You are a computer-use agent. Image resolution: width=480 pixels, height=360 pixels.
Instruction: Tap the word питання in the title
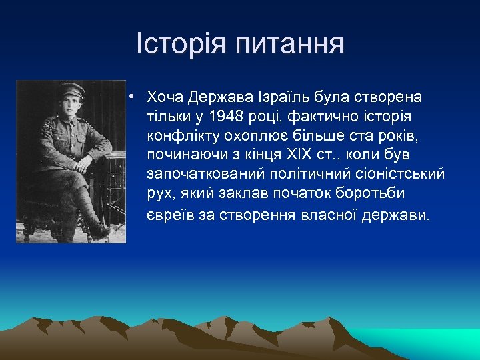click(x=289, y=45)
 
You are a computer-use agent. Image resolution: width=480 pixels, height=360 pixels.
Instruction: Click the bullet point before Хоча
click(x=134, y=97)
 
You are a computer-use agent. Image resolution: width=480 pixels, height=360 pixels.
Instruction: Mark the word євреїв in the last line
click(x=169, y=216)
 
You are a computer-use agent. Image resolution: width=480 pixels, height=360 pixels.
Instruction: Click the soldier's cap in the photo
click(x=71, y=91)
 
